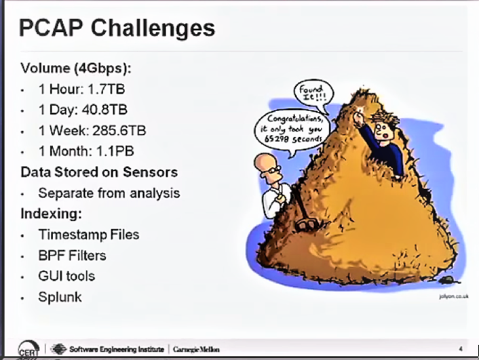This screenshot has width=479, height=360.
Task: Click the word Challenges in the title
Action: click(153, 28)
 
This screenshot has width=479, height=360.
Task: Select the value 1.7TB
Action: click(107, 89)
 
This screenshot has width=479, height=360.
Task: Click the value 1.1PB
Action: click(115, 151)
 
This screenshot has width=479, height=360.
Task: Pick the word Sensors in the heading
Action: click(151, 172)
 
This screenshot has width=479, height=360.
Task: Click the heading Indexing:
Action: click(52, 214)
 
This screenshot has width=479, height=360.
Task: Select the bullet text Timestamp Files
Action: click(89, 235)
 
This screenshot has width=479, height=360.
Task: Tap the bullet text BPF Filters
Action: click(72, 256)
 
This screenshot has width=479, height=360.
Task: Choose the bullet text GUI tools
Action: click(66, 276)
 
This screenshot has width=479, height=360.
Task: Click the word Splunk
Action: click(60, 297)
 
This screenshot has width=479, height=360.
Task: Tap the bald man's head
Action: click(267, 167)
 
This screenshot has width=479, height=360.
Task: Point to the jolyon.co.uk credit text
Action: click(453, 296)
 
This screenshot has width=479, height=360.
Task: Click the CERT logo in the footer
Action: click(28, 349)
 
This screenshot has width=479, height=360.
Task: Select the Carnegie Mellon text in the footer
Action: click(196, 349)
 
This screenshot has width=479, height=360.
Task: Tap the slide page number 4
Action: click(461, 348)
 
